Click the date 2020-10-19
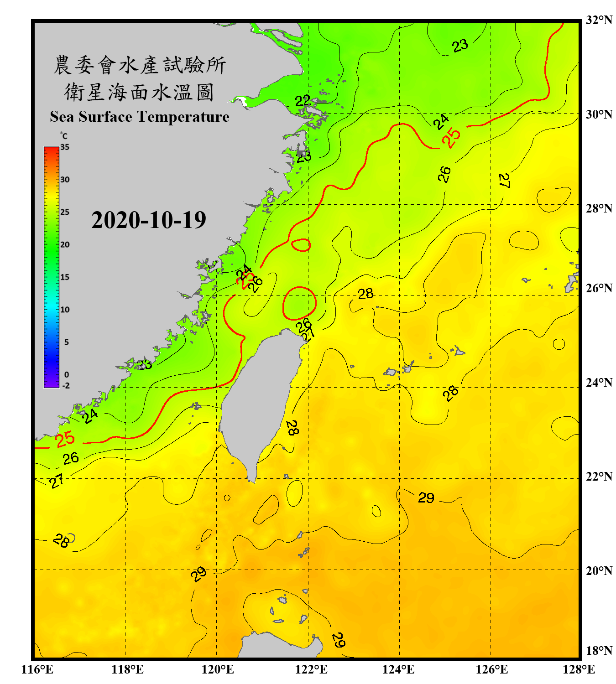(x=149, y=220)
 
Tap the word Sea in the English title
(x=63, y=117)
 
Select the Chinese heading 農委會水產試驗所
(x=140, y=65)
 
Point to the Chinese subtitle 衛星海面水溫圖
(x=139, y=92)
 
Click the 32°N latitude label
(x=599, y=20)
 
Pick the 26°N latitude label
(x=599, y=288)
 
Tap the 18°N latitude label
(x=599, y=651)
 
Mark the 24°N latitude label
(x=599, y=383)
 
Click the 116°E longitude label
(x=37, y=669)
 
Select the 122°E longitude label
(x=311, y=669)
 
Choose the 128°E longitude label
(x=579, y=669)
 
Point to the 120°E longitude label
(x=218, y=669)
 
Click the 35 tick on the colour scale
(x=65, y=147)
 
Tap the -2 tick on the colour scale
(x=66, y=386)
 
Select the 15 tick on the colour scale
(x=65, y=277)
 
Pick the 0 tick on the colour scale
(x=67, y=375)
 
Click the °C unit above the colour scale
(x=64, y=136)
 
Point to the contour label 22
(x=303, y=100)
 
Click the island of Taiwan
(x=260, y=401)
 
